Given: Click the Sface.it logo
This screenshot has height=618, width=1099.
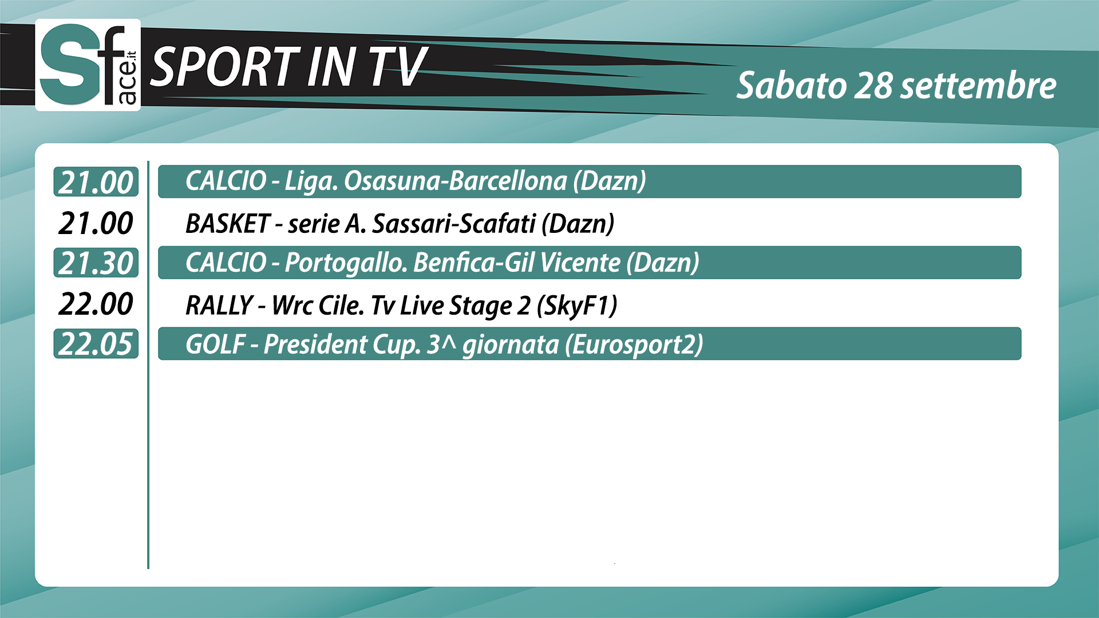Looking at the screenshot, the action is point(88,65).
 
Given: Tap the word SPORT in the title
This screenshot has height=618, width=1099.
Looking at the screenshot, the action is point(225,67).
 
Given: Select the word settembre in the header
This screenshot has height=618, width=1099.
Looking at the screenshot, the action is point(978,86).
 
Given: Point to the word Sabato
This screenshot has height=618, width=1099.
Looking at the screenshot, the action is point(791,86).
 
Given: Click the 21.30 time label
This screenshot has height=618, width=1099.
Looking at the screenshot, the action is point(96,263).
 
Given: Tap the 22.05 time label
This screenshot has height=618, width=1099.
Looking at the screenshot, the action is point(96,344).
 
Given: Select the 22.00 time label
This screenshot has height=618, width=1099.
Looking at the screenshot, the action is point(96,303).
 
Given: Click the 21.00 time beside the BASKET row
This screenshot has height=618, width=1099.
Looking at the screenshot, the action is point(96,223).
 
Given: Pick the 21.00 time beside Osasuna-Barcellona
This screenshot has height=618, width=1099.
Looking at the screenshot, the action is point(96,182).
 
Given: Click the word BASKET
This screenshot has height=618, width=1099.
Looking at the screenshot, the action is point(228,223).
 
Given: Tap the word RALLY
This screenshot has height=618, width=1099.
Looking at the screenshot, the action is point(219,305).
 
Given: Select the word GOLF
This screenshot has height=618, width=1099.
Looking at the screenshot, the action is point(216,344).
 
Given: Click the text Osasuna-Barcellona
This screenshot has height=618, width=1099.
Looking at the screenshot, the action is point(455,181).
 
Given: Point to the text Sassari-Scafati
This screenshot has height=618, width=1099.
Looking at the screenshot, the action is point(454,223).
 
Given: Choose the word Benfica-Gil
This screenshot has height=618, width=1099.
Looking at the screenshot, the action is point(474,263).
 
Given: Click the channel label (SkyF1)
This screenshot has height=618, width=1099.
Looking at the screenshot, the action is point(577,306).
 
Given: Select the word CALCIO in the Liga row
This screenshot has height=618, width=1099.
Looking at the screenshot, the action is point(226,181).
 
